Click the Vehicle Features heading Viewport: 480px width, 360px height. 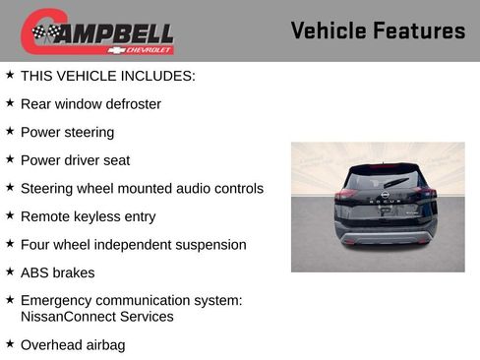[x=378, y=31]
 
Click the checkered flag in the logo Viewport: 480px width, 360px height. [x=45, y=32]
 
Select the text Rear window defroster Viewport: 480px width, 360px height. [x=90, y=103]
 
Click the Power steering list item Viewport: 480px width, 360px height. [x=67, y=132]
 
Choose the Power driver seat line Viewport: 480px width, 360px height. [x=75, y=160]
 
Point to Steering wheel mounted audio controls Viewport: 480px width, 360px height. [x=142, y=188]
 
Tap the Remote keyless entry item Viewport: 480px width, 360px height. [x=88, y=216]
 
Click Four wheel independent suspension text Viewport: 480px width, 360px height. [x=133, y=245]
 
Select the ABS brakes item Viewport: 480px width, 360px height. [x=57, y=272]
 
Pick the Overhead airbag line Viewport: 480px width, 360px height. [x=73, y=345]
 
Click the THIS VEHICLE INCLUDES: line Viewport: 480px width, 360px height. [x=107, y=75]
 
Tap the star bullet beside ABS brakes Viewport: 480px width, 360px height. [x=10, y=271]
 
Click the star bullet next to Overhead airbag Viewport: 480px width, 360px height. [x=10, y=344]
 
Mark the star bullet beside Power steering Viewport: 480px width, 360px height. [x=10, y=131]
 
